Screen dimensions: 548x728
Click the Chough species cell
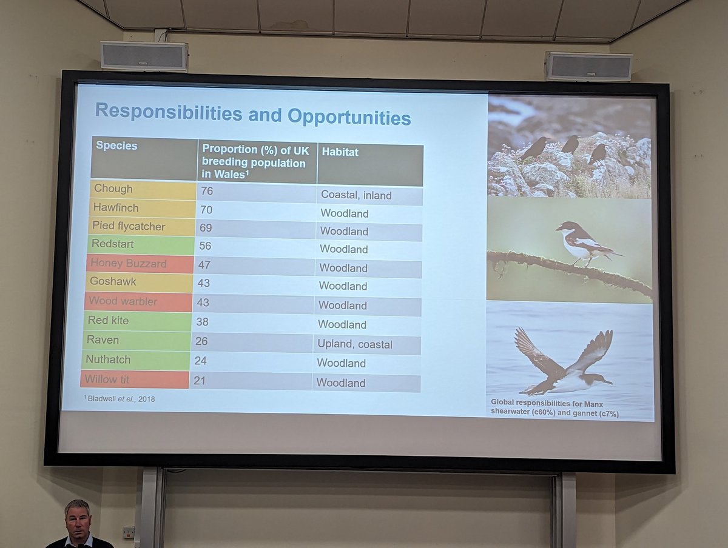[142, 190]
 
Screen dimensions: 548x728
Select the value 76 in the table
[207, 191]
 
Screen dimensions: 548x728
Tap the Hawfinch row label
[141, 209]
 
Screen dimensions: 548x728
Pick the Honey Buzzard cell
[140, 264]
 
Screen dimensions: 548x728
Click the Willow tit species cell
[134, 379]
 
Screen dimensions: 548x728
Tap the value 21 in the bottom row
[200, 381]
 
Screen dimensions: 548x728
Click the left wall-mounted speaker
[144, 56]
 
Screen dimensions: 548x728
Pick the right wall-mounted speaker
[588, 66]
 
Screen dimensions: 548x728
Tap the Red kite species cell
[137, 320]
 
